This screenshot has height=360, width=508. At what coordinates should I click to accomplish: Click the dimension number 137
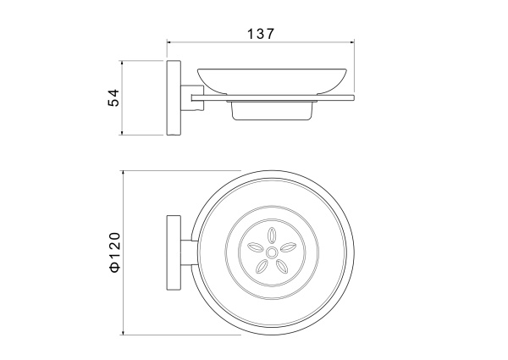point(261,34)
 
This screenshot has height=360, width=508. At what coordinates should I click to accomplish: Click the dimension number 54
point(113,97)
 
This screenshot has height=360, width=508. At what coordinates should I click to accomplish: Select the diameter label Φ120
point(114,252)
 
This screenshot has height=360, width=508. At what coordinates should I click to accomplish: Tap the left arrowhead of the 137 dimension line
point(168,42)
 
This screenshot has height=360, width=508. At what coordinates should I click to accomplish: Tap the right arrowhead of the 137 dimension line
point(352,42)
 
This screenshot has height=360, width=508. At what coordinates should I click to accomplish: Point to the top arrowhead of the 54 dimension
point(122,63)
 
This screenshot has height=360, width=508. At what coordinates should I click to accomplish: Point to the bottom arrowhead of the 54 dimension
point(122,132)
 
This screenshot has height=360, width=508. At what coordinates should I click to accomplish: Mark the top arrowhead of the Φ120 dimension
point(123,173)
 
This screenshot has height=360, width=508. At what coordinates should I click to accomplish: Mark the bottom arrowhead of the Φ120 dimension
point(123,332)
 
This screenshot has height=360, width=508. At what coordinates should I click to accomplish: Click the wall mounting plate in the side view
point(174,97)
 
